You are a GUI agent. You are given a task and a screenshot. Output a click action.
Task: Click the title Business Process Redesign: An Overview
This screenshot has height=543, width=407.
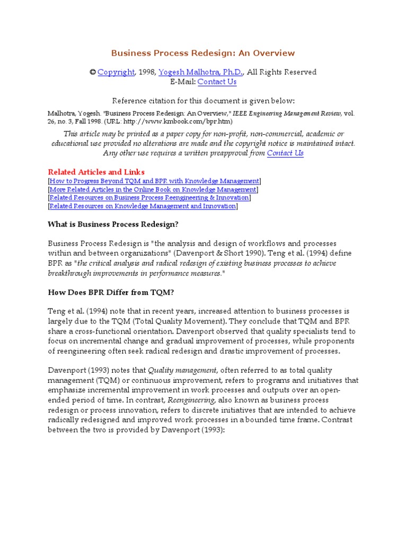pyautogui.click(x=203, y=53)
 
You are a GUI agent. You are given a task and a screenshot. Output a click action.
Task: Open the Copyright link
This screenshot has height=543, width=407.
pyautogui.click(x=116, y=72)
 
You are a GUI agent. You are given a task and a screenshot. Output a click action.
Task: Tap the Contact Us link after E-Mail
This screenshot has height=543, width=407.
pyautogui.click(x=217, y=82)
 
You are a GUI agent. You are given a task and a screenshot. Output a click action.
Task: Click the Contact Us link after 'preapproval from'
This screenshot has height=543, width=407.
pyautogui.click(x=285, y=153)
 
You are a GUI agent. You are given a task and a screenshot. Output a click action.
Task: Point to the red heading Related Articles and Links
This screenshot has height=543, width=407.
pyautogui.click(x=96, y=172)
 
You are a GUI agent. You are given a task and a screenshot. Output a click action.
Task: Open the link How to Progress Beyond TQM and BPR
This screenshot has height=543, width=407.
pyautogui.click(x=154, y=181)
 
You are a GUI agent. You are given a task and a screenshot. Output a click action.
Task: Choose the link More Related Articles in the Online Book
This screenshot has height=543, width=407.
pyautogui.click(x=153, y=189)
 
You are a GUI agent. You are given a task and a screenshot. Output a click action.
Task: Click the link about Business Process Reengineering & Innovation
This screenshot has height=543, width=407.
pyautogui.click(x=149, y=198)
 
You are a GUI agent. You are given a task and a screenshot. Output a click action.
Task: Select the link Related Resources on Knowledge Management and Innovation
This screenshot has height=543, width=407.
pyautogui.click(x=143, y=206)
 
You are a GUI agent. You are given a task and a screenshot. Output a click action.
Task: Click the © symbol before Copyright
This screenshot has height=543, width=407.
pyautogui.click(x=92, y=72)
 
